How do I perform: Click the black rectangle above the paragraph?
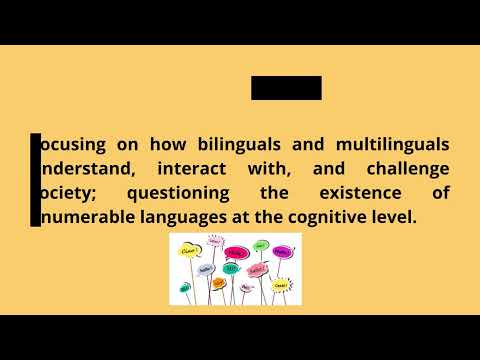tap(286, 88)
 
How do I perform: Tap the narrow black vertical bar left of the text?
tap(36, 180)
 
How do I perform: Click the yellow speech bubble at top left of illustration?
tap(189, 250)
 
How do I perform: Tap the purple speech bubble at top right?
tap(284, 252)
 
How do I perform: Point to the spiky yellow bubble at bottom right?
tap(282, 286)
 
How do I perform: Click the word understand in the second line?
tap(84, 169)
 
